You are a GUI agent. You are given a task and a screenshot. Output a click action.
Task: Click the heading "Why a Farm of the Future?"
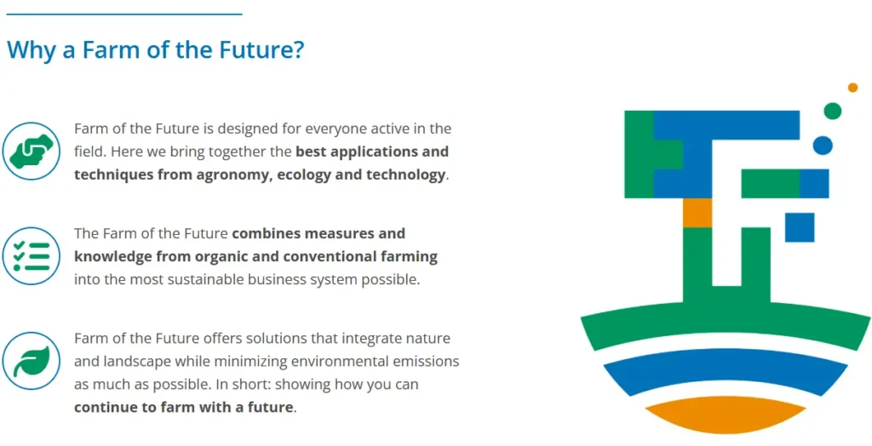coord(156,49)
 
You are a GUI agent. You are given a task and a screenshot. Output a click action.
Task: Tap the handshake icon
coord(32,151)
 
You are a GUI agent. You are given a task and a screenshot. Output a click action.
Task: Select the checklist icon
coord(32,256)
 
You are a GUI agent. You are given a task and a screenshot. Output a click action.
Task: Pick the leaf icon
coord(32,361)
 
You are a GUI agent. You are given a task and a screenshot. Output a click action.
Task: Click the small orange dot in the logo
coord(852,88)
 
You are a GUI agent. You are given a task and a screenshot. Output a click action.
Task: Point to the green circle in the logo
coord(832,111)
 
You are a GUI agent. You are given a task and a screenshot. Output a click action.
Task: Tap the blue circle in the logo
coord(823,146)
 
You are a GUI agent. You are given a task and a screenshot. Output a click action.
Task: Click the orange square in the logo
coord(697,213)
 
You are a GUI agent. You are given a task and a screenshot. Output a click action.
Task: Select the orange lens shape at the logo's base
coord(726,415)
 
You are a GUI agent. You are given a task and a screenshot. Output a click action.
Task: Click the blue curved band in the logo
coord(726,371)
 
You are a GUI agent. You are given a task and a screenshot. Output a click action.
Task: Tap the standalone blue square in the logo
coord(800,227)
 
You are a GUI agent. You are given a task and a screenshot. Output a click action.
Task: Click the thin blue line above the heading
coord(124,14)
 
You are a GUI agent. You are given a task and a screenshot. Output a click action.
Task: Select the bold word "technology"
coord(406,175)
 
